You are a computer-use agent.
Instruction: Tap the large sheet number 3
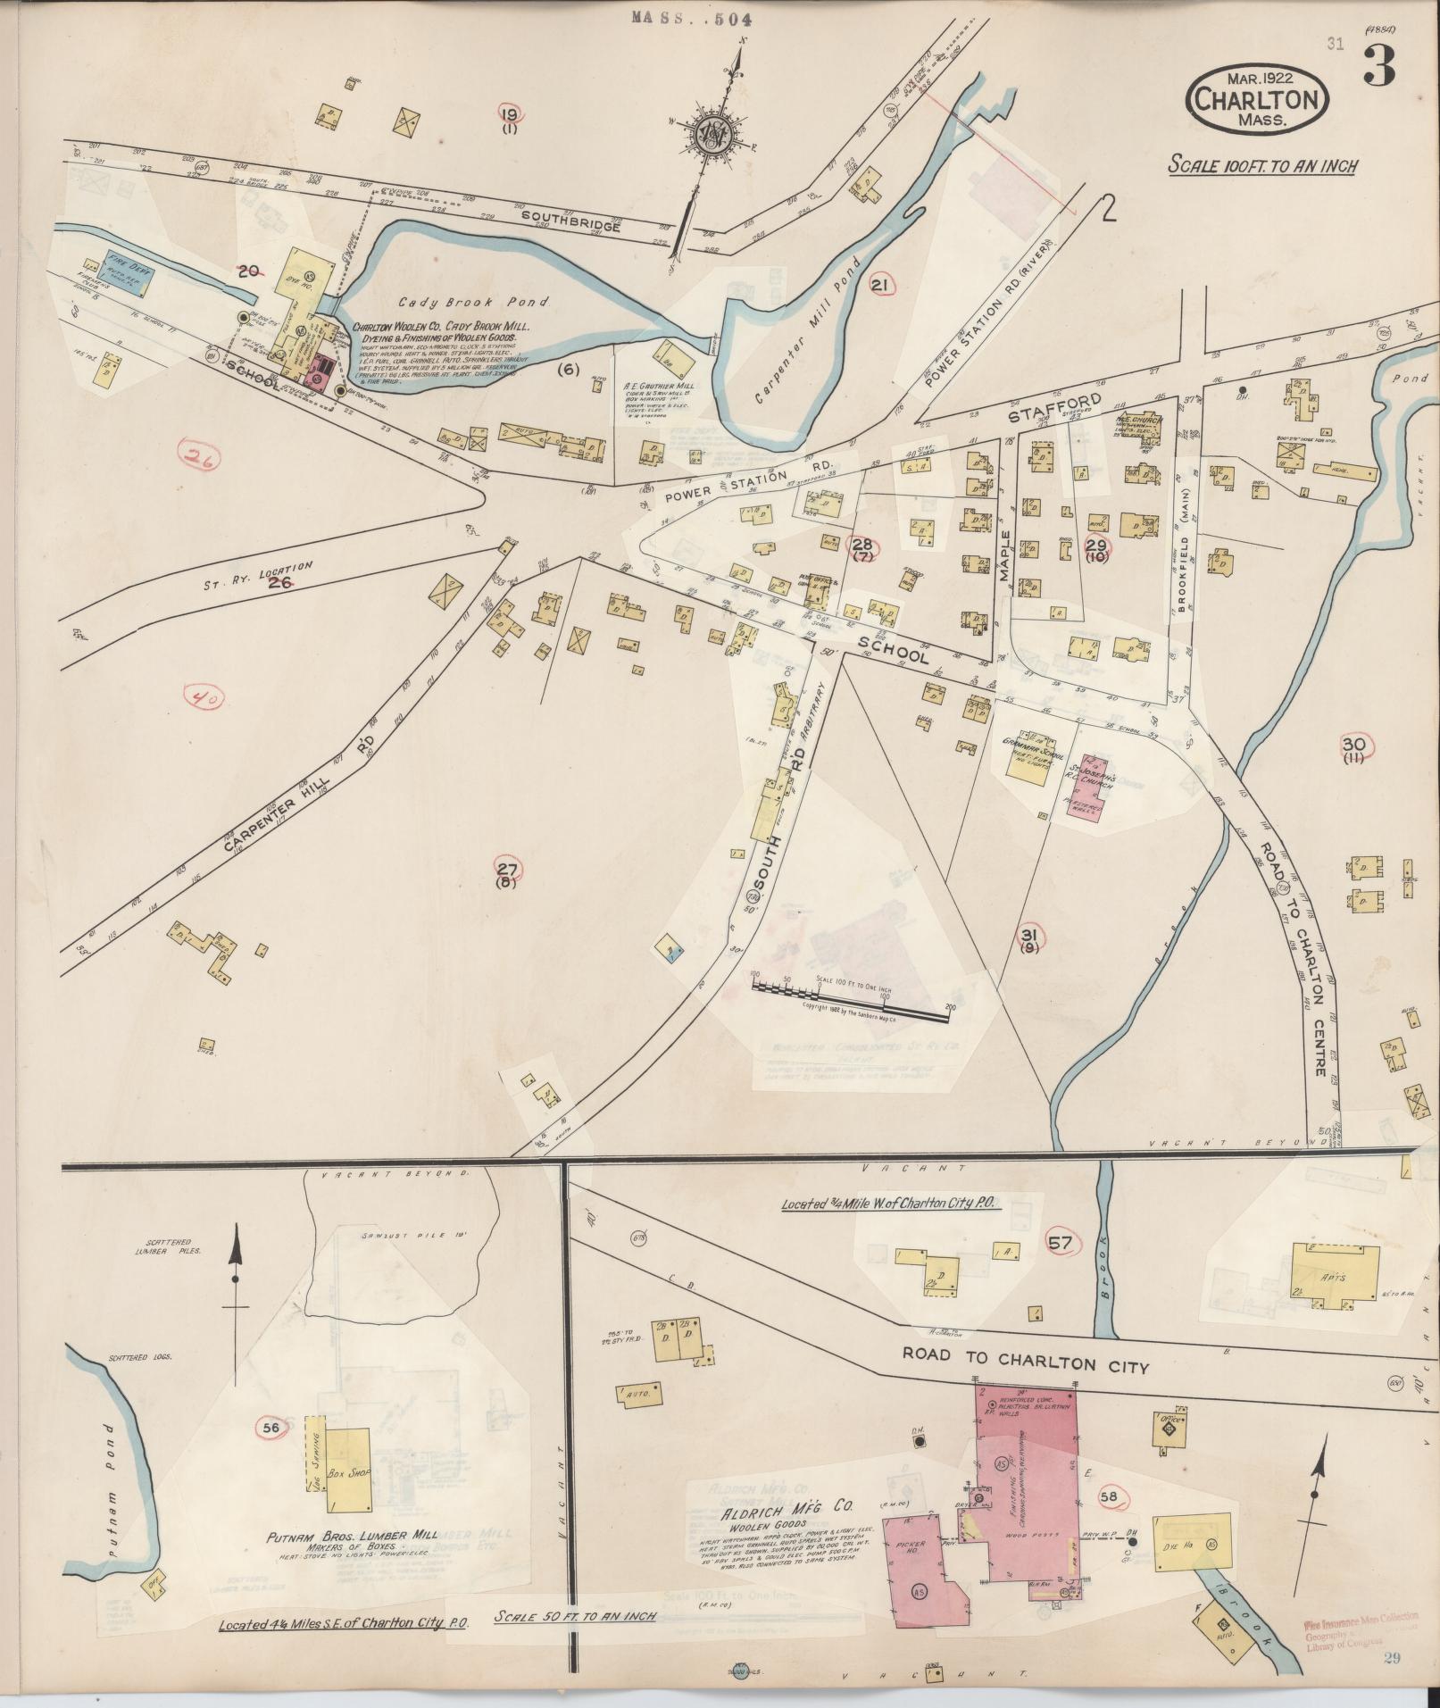1378,69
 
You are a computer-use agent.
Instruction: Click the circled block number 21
880,284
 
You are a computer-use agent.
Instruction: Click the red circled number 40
204,696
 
